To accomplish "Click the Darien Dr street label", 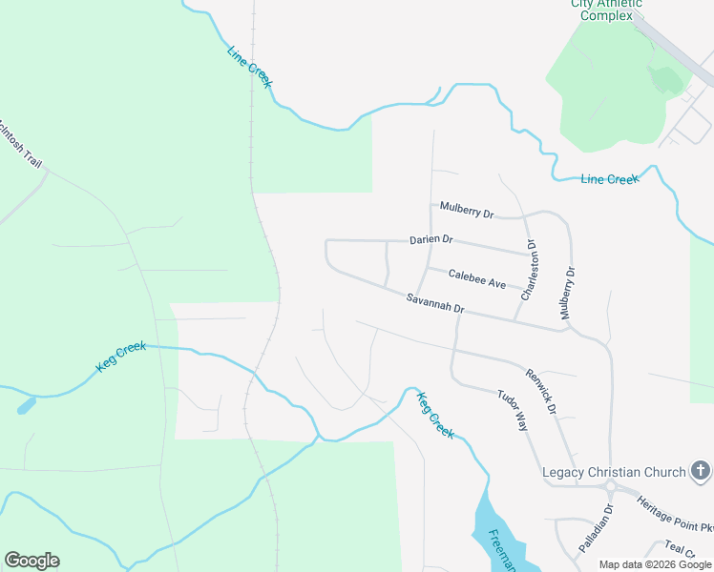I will pos(430,239).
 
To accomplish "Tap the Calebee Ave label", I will pos(477,283).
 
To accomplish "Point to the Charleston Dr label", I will pos(528,270).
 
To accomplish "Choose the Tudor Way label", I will pos(512,410).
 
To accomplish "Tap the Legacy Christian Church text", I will pos(614,472).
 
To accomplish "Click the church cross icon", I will pos(700,471).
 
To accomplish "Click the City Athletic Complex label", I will pos(607,9).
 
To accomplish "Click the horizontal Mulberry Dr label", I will pos(467,210).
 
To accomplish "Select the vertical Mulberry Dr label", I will pos(570,293).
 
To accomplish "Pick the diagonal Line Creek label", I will pos(250,68).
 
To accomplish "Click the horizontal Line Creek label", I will pos(609,179).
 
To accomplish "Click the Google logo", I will pos(31,561).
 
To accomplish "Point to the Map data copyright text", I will pos(656,564).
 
